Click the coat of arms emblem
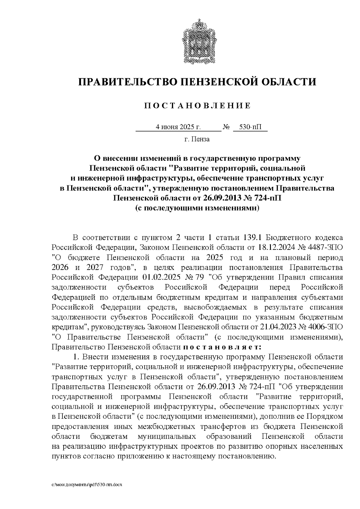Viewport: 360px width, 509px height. point(197,41)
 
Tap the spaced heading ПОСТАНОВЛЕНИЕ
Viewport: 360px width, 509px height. point(197,106)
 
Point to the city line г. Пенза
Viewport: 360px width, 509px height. point(197,139)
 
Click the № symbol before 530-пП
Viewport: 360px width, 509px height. point(226,127)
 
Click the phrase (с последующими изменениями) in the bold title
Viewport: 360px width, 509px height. point(197,208)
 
